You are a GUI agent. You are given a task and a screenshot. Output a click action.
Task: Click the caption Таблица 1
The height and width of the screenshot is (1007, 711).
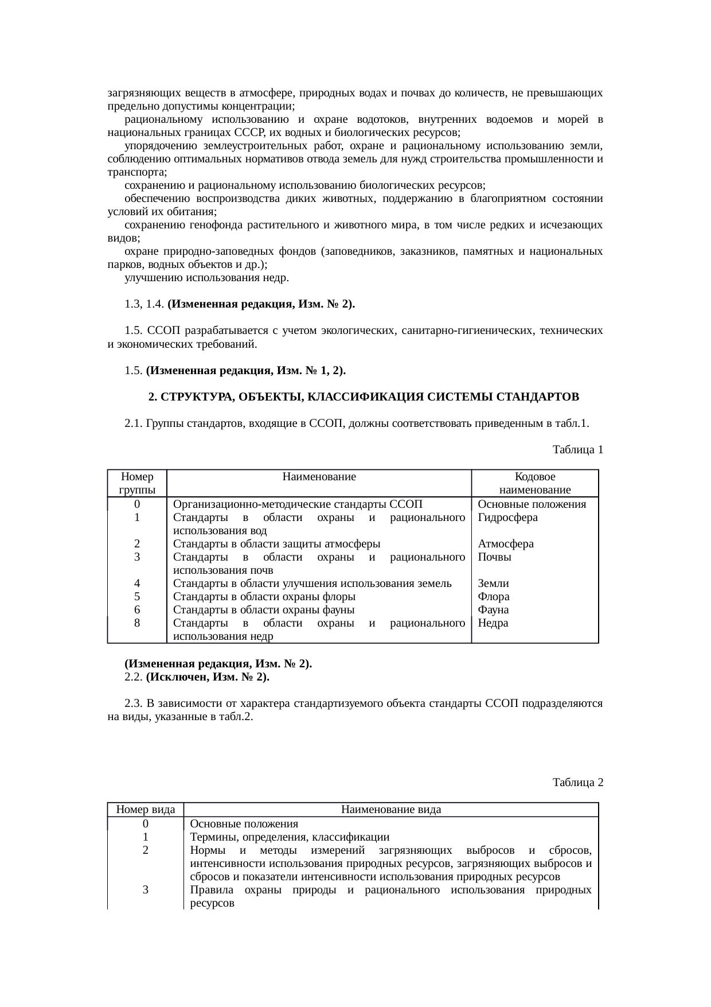(577, 450)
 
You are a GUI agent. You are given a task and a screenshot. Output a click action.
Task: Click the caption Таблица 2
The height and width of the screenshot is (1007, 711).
(577, 782)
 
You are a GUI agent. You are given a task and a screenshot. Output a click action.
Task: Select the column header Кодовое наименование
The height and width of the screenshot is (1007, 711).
(534, 483)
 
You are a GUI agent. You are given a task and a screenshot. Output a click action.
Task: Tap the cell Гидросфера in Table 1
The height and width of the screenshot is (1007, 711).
(507, 518)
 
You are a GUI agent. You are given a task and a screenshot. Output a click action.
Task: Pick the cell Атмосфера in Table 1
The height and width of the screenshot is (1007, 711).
(506, 544)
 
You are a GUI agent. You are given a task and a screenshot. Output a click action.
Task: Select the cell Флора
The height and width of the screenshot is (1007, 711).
(493, 597)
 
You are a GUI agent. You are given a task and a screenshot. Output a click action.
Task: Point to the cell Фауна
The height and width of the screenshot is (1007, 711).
(493, 610)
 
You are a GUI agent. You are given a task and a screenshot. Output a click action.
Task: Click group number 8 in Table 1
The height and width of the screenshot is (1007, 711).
(137, 623)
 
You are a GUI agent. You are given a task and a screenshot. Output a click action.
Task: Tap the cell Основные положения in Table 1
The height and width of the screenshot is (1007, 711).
(532, 504)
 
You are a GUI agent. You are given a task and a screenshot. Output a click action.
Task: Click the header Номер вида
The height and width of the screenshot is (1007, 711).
(146, 810)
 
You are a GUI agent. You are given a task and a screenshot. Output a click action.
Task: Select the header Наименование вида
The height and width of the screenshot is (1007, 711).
(390, 810)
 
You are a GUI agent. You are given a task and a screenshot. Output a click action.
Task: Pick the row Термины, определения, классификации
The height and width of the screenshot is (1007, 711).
(290, 837)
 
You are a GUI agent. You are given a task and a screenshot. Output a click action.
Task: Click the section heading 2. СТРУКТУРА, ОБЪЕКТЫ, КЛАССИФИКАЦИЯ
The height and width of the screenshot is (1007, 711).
(364, 397)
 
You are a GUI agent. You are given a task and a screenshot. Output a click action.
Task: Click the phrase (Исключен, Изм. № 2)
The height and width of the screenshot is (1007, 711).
(208, 677)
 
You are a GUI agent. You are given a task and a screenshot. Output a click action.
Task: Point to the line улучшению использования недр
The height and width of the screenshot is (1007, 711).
(206, 278)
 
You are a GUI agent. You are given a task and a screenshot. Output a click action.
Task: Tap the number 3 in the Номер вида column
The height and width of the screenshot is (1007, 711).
(146, 890)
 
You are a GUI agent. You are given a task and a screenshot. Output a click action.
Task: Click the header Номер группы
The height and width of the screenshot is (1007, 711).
(137, 483)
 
